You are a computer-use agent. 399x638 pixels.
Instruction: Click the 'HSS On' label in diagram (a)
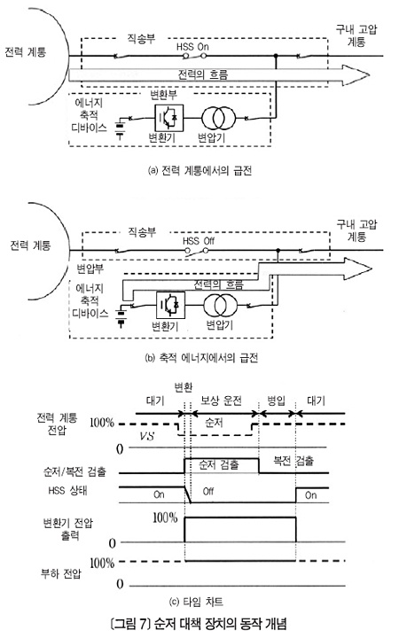[192, 46]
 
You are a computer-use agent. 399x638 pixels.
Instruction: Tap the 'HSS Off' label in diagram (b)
[199, 240]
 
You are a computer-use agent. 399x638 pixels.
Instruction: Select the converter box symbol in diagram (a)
[169, 118]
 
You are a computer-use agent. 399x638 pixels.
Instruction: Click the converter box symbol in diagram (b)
[170, 305]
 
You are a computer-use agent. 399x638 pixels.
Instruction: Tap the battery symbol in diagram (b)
[121, 317]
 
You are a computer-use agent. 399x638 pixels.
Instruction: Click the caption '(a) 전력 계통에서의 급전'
[199, 170]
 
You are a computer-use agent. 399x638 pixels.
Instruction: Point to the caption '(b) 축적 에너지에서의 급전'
[201, 358]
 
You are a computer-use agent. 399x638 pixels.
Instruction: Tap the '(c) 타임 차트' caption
[196, 602]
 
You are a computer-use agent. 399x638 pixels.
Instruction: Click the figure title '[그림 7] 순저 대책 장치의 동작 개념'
[199, 623]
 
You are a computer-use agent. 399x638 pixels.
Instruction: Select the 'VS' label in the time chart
[146, 436]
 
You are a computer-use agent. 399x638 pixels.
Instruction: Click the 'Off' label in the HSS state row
[208, 492]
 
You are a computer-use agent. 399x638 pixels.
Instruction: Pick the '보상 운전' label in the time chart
[222, 401]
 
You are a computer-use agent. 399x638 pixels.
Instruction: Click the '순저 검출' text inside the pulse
[218, 464]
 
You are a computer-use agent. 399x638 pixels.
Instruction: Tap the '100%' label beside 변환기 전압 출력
[165, 517]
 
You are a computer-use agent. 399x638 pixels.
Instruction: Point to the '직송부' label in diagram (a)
[141, 39]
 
